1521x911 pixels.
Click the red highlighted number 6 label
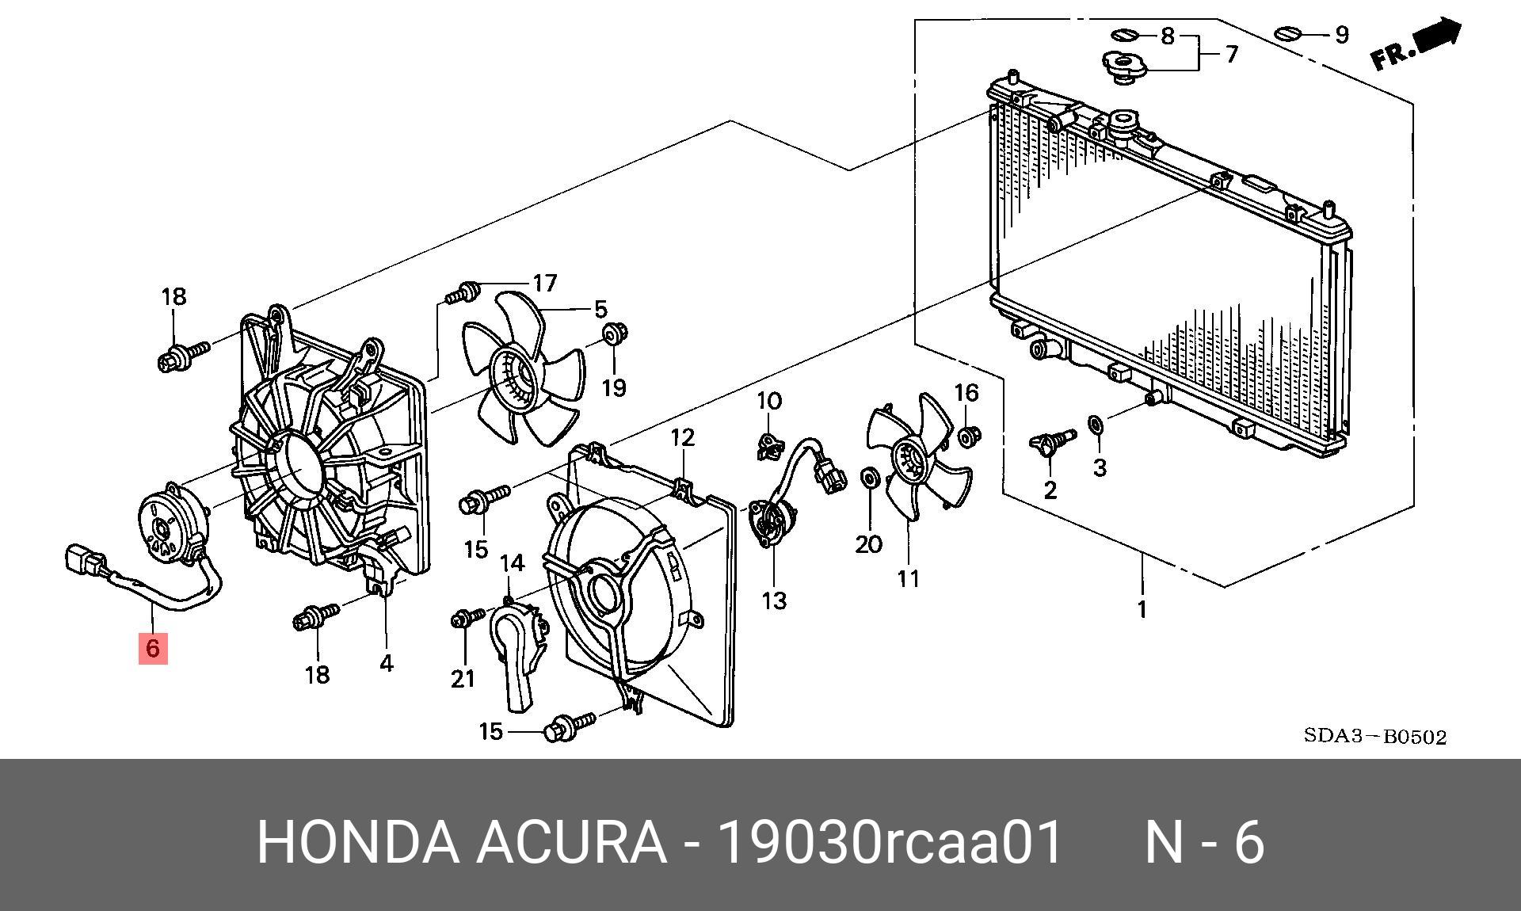click(x=153, y=648)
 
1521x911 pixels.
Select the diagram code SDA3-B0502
click(x=1375, y=737)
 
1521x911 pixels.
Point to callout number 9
click(x=1341, y=35)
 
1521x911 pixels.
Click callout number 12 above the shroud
click(x=682, y=437)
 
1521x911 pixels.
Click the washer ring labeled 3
click(x=1095, y=425)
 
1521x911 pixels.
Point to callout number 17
click(x=545, y=283)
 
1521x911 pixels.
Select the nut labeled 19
click(x=612, y=334)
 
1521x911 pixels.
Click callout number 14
click(x=512, y=563)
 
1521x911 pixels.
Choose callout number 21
click(x=463, y=678)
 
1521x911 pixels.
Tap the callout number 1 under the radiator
click(x=1142, y=610)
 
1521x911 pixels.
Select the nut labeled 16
click(x=968, y=436)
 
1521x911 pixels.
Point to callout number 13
click(x=774, y=600)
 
